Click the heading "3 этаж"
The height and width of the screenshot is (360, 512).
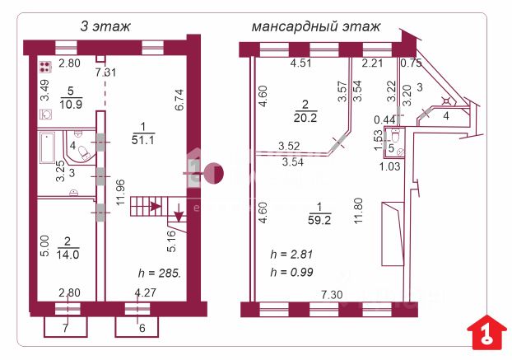105,26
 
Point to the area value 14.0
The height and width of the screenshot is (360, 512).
67,255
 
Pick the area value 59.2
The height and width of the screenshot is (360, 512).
314,221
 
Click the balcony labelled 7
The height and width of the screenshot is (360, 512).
65,328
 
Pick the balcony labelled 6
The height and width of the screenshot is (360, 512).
141,328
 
